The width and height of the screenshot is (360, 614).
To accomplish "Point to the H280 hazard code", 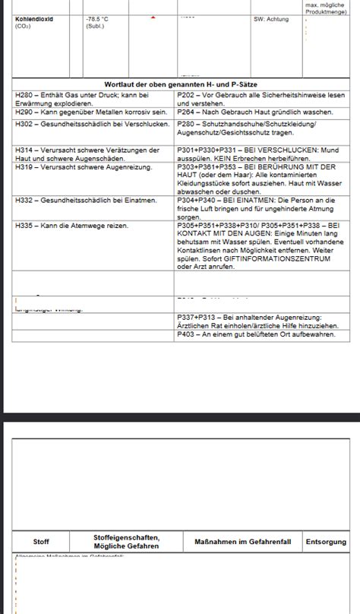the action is tap(24, 94).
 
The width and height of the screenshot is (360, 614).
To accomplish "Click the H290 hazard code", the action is tap(24, 112).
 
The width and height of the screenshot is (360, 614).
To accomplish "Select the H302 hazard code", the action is tap(24, 123).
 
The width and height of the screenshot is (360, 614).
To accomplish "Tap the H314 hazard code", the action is tap(24, 150).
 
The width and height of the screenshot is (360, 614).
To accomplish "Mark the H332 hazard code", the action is tap(24, 201).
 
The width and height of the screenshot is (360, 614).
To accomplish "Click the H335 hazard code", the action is tap(24, 226).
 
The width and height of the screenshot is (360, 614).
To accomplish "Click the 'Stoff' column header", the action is tap(41, 542).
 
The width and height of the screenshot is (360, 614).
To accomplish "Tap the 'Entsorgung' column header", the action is tap(325, 542).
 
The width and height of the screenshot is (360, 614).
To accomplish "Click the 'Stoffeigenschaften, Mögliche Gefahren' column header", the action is tap(126, 542).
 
